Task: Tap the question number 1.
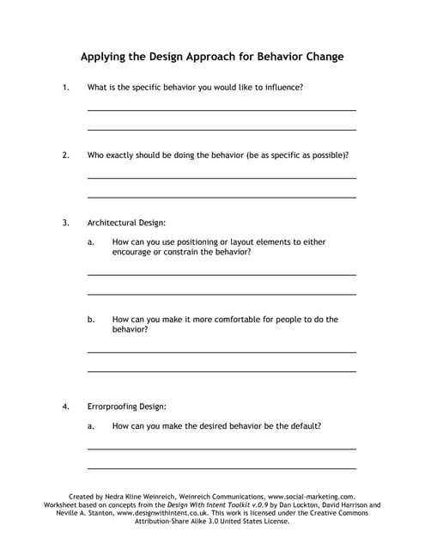click(65, 88)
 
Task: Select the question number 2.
click(65, 156)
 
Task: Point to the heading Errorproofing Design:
click(127, 406)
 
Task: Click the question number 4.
click(65, 406)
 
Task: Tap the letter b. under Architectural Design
click(91, 320)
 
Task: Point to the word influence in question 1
click(283, 88)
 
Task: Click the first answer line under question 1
click(222, 111)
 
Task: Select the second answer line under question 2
click(222, 198)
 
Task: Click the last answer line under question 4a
click(222, 468)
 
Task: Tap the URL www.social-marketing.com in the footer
click(311, 497)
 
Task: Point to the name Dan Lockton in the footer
click(303, 505)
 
